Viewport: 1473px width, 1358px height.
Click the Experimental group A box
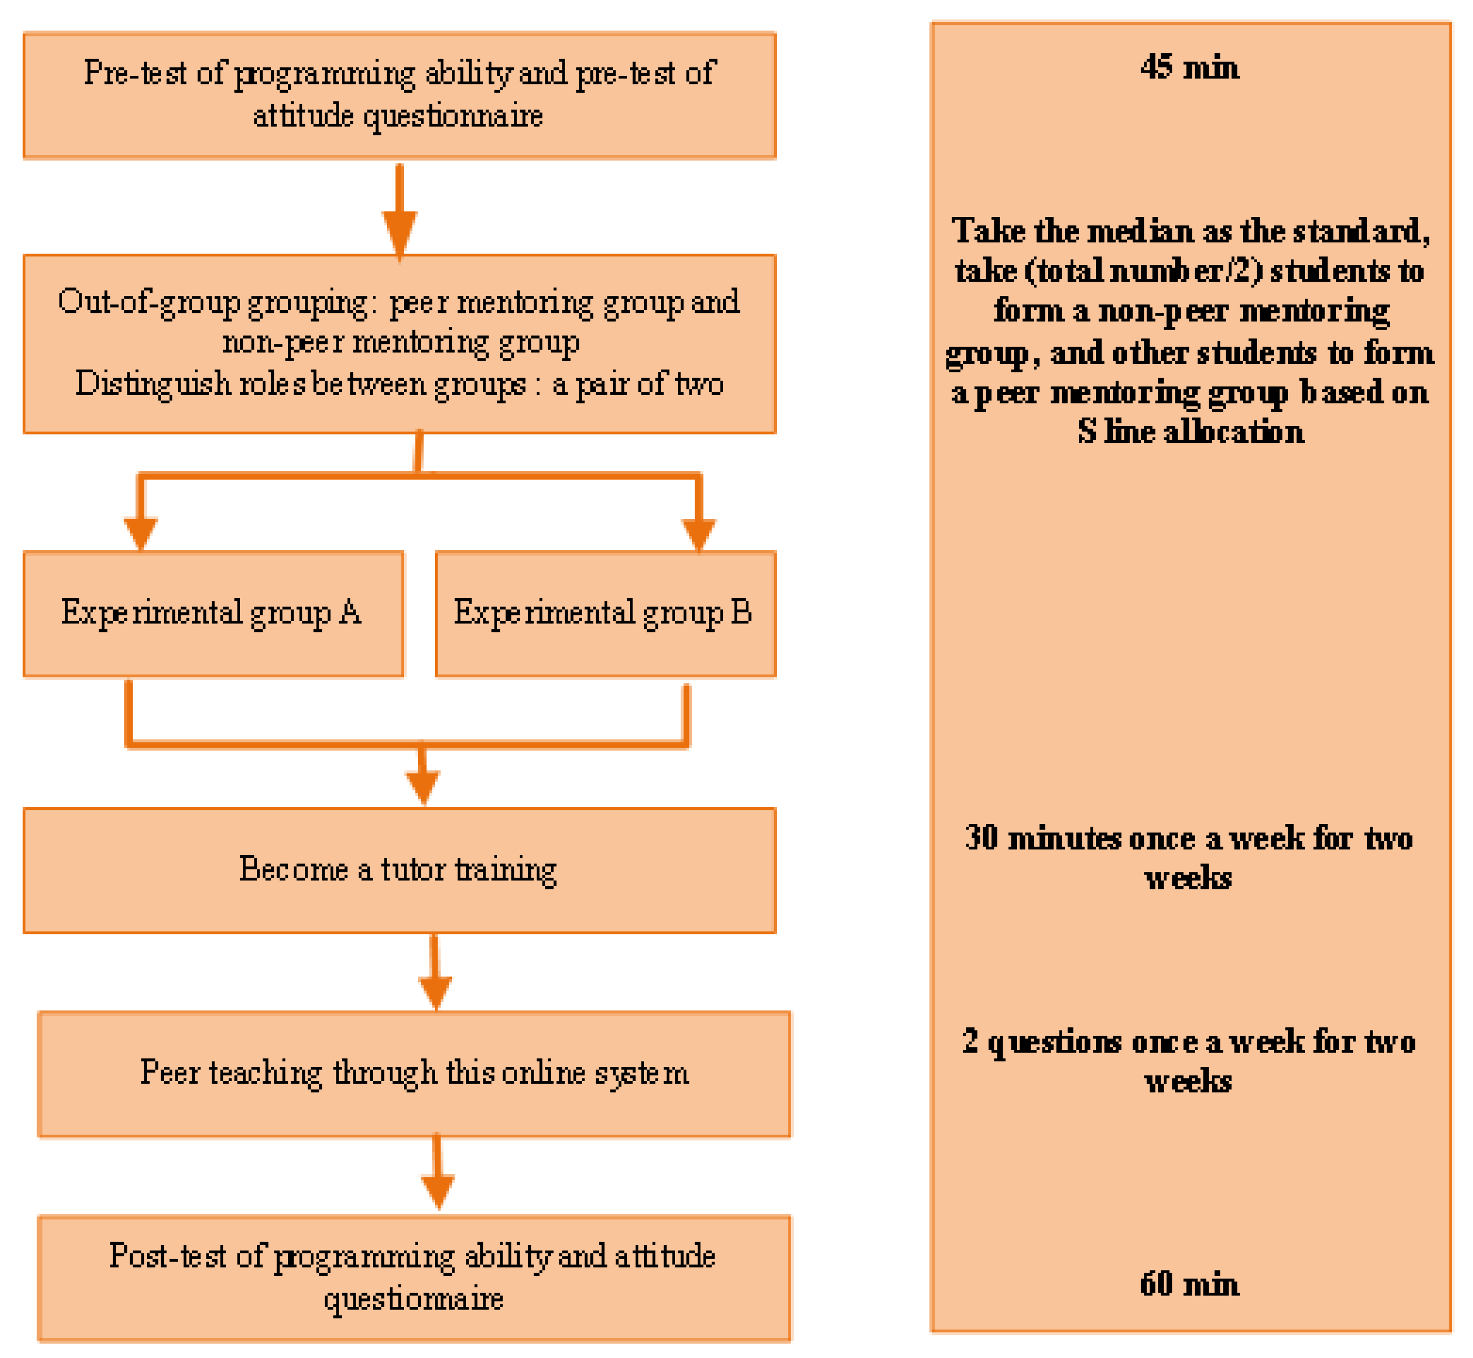[x=213, y=613]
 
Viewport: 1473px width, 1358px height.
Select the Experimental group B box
[x=605, y=613]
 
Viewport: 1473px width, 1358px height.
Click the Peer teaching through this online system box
[x=414, y=1074]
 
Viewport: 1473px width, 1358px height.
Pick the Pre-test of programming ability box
[x=399, y=95]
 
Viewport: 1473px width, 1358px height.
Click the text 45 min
[x=1189, y=67]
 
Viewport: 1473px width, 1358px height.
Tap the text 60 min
[x=1189, y=1284]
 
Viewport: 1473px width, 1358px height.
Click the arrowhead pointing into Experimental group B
[x=698, y=533]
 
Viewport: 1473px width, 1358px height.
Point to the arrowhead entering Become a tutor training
[x=423, y=786]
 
